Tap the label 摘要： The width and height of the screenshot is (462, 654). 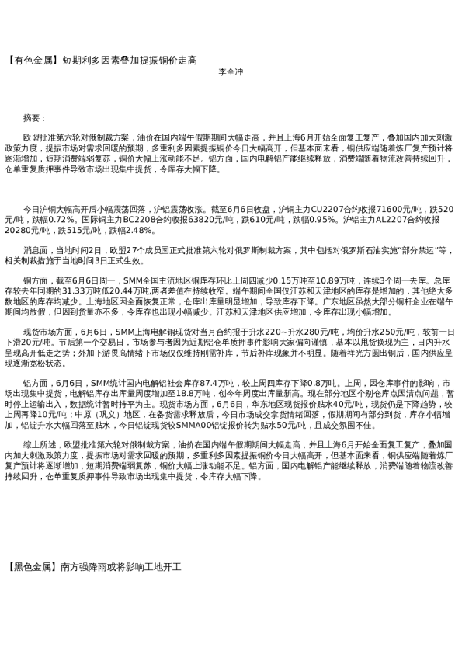(x=36, y=117)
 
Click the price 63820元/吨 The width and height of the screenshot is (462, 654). (x=223, y=220)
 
